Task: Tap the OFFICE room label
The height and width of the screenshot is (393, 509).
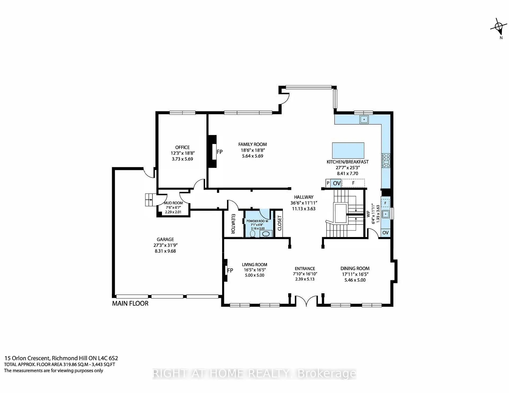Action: point(182,147)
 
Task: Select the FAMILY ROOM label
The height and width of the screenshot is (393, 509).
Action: point(252,144)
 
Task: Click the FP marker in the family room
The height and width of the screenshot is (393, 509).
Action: point(220,152)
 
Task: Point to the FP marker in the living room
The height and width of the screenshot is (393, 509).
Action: point(230,270)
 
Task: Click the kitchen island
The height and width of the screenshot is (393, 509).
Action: point(348,150)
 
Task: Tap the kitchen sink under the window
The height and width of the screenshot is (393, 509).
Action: point(364,119)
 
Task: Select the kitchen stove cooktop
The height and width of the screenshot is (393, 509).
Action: point(386,160)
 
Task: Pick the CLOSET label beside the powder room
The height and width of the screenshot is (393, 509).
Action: point(279,223)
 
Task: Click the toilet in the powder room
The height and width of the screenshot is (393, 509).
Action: point(253,234)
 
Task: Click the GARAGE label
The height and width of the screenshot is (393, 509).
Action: point(165,239)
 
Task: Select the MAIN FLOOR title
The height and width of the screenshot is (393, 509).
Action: point(130,303)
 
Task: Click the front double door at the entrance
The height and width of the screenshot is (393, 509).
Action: point(306,301)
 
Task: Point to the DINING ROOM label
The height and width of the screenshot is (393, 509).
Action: point(355,269)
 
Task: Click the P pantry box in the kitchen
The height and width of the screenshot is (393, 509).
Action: point(328,183)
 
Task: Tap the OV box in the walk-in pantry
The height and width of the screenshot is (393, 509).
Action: point(385,233)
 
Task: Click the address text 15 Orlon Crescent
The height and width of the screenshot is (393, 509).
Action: point(27,358)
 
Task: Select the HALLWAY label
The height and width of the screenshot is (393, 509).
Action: point(304,197)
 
